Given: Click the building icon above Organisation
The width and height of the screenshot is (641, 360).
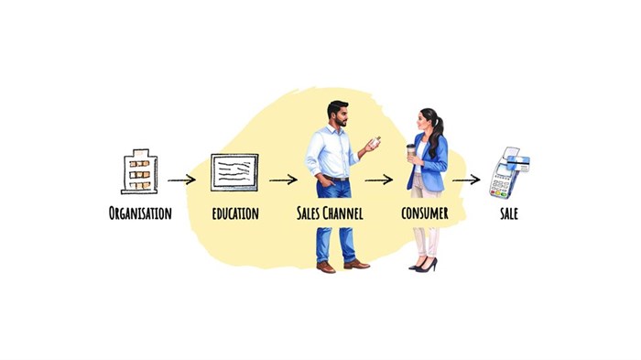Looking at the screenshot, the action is click(x=139, y=171).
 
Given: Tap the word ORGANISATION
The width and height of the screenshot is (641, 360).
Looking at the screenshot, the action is click(x=139, y=213).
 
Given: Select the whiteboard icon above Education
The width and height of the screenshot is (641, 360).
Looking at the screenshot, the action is click(x=234, y=171).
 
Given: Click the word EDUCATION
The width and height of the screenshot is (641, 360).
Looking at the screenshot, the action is click(x=234, y=213).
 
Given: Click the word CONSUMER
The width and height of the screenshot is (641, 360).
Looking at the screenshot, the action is click(x=424, y=213).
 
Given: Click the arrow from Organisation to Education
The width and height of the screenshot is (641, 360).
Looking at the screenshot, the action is click(x=181, y=180).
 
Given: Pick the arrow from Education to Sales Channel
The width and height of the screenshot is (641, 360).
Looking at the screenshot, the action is click(x=282, y=180).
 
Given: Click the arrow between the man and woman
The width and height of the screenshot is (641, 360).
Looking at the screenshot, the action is click(x=379, y=180).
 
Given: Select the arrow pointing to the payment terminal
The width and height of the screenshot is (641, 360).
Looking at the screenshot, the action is click(x=466, y=180).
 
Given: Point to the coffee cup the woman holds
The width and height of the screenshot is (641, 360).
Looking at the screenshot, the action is click(x=411, y=151).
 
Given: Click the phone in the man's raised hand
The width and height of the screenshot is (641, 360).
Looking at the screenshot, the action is click(x=375, y=141).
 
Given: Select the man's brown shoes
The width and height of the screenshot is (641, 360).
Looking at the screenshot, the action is click(x=341, y=266).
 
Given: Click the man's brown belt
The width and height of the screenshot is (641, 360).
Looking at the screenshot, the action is click(x=333, y=178).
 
